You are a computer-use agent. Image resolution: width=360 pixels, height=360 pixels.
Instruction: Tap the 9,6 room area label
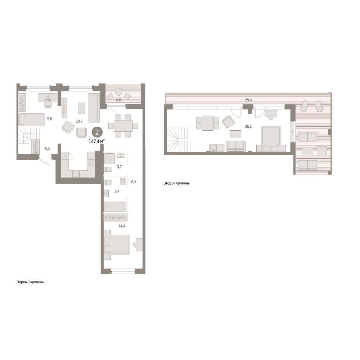point(50,119)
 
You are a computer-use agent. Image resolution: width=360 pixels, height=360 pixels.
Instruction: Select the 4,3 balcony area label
point(118,100)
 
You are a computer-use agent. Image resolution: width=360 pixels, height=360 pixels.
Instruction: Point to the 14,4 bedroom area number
point(121,226)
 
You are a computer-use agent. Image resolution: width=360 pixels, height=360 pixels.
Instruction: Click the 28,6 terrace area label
point(248,100)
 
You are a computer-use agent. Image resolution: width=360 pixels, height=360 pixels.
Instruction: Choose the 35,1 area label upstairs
point(248,126)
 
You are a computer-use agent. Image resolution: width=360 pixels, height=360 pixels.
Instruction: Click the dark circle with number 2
point(97,132)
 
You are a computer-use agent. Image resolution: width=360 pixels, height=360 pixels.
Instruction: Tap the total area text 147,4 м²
point(96,141)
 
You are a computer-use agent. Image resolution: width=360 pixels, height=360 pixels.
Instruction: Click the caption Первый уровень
point(30,282)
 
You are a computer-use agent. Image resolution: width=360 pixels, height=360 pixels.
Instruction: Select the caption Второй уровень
point(176,183)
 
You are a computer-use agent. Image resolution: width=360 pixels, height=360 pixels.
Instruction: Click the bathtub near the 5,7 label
point(115,207)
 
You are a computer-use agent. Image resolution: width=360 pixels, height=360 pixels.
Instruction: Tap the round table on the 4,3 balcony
point(119,92)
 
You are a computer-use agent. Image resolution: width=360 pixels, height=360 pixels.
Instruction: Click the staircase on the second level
point(179,139)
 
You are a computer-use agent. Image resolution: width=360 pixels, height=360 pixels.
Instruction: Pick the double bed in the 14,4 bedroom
point(117,244)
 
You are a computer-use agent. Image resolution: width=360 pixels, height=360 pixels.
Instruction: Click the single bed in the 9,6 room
point(31,120)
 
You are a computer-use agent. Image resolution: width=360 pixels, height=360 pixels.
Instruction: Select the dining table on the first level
point(123,126)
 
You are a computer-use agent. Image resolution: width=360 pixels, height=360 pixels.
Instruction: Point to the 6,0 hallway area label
point(48,149)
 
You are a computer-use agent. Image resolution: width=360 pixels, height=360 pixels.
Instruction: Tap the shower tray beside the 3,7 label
point(109,158)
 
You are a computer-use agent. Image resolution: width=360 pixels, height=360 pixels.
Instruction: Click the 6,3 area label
point(134,182)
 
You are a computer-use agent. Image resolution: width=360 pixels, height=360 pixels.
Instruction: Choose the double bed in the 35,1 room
point(271,139)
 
